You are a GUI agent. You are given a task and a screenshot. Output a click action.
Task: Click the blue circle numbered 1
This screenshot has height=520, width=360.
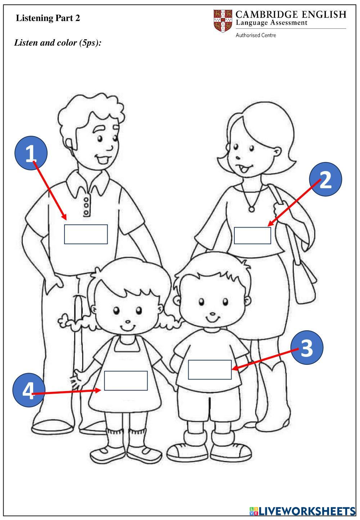31,153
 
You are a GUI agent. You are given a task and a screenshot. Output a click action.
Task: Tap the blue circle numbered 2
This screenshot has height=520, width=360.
325,179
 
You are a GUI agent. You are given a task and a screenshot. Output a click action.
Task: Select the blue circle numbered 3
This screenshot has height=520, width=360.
307,348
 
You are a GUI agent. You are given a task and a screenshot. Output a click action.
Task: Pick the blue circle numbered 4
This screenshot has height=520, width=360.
28,390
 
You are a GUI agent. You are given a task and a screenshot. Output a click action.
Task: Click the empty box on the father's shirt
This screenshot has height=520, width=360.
86,234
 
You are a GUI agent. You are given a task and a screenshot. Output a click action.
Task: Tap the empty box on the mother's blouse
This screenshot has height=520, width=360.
252,236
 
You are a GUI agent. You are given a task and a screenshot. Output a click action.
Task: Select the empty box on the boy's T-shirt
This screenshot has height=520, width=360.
210,369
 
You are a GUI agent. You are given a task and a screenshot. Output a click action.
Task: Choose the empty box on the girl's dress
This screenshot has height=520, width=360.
126,381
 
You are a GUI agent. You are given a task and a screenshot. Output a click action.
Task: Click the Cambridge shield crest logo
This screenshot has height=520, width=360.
223,21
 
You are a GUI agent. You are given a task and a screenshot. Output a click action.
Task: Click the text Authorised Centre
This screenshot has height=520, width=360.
256,35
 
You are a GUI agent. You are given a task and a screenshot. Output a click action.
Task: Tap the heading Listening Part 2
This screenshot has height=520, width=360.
48,18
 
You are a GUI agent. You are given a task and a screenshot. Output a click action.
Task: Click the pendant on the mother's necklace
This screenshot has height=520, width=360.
251,209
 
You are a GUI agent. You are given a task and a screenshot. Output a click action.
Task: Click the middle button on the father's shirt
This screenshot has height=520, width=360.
86,206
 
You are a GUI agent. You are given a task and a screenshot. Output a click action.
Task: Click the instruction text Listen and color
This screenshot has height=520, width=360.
45,43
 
